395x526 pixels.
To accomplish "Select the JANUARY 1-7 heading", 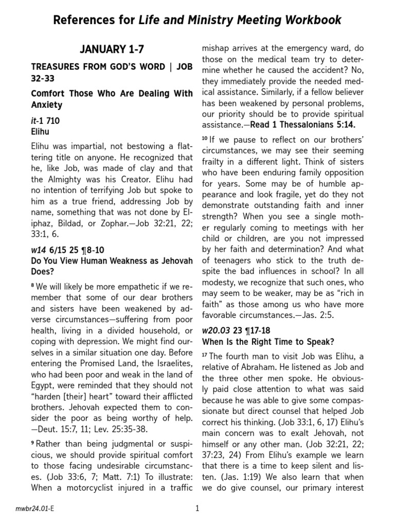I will click(112, 50).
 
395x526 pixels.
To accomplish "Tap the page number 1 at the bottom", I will click(197, 509).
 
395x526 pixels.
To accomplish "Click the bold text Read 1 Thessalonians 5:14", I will click(313, 125).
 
